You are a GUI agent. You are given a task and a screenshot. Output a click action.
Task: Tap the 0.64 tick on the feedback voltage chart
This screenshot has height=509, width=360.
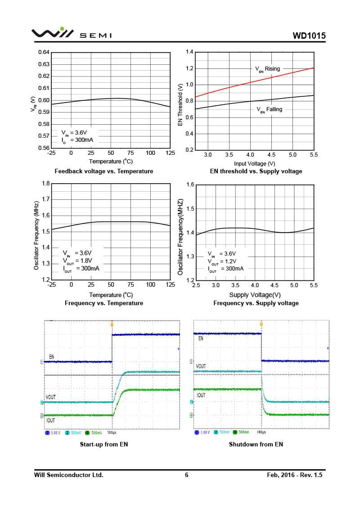click(x=44, y=52)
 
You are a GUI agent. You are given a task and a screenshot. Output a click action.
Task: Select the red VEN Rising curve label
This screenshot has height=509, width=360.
click(x=268, y=69)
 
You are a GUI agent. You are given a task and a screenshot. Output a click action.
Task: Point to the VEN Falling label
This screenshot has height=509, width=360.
click(x=270, y=109)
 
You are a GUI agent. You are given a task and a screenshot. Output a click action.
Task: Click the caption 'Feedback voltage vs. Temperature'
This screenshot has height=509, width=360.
click(x=104, y=171)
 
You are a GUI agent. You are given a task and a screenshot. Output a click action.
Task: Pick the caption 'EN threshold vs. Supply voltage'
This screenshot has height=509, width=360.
click(x=256, y=171)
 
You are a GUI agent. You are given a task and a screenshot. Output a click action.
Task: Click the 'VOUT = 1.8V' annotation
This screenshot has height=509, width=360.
click(x=77, y=261)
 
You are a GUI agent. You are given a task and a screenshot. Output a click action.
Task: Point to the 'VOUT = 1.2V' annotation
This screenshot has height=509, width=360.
click(x=222, y=261)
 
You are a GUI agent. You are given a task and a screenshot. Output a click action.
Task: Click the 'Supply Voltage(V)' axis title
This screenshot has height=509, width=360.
click(x=255, y=295)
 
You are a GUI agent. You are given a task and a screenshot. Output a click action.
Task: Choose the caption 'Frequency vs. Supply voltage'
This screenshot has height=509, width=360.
click(x=256, y=303)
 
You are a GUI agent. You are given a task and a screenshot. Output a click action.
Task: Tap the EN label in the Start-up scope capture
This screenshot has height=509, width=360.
click(x=52, y=357)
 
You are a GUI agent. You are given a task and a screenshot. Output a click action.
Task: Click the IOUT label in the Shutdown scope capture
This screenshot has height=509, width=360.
click(x=201, y=395)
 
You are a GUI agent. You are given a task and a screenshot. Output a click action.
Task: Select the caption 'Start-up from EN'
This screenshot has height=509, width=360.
click(x=104, y=444)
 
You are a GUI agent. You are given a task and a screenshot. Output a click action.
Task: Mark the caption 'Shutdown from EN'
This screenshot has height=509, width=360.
click(x=256, y=444)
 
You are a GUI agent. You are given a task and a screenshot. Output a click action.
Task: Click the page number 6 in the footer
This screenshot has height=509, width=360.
click(x=187, y=475)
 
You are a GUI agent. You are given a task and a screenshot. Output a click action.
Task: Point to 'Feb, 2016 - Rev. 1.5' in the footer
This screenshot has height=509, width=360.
click(x=295, y=475)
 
